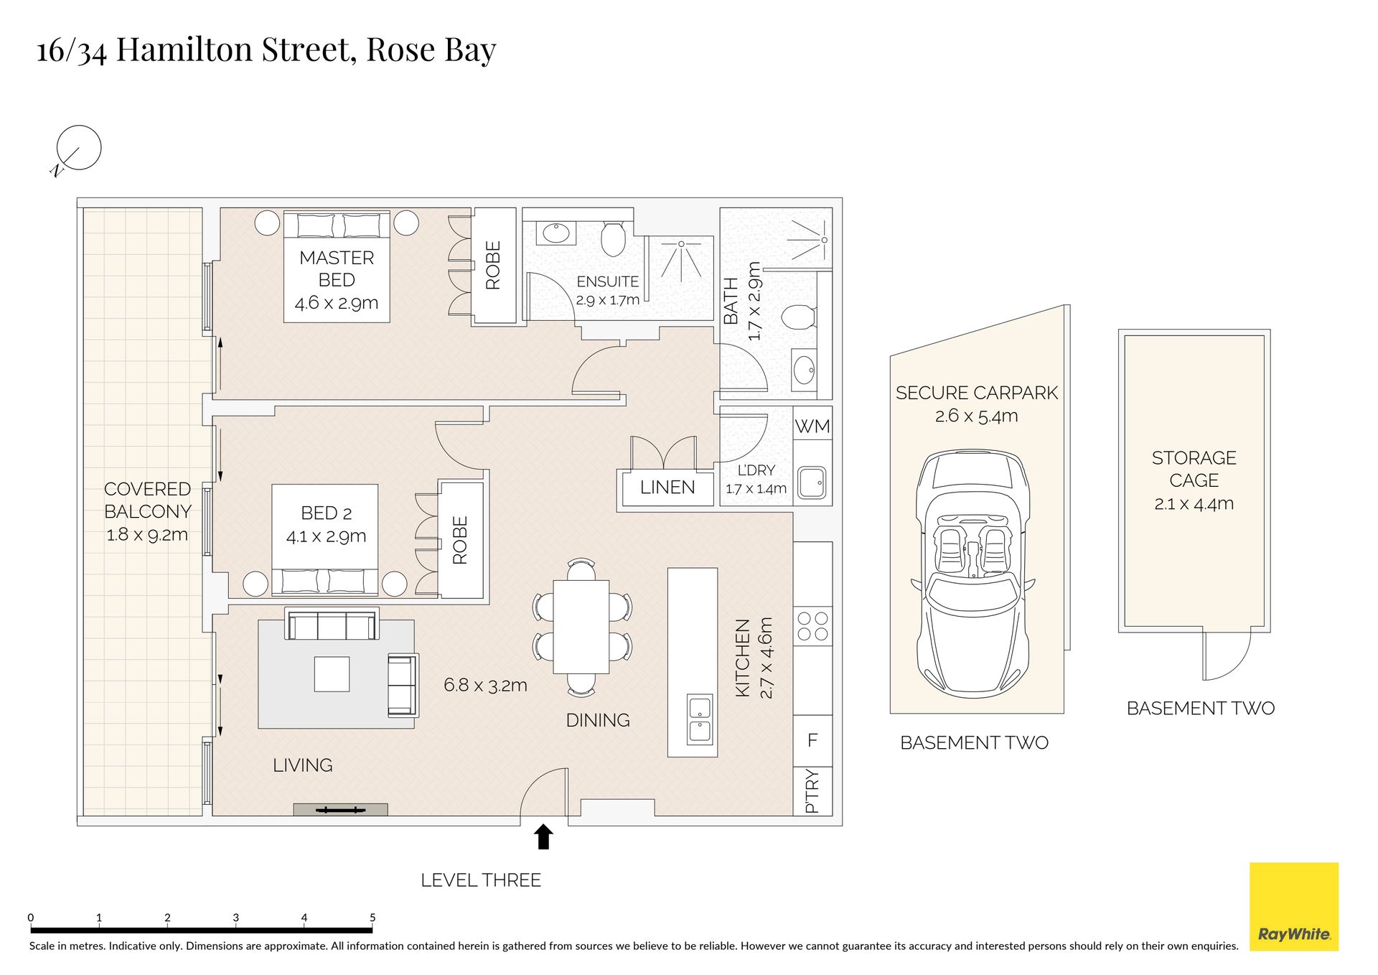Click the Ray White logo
(1294, 907)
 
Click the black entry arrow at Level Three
(543, 837)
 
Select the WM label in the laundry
(812, 426)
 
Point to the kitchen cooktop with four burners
(812, 626)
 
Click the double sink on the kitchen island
(699, 719)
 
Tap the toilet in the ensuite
(613, 238)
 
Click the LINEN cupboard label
(667, 487)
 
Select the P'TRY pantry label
(812, 790)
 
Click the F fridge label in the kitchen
(812, 740)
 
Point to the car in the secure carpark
(972, 574)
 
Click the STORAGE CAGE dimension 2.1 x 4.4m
(1194, 504)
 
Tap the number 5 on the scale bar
(372, 918)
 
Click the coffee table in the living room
(332, 674)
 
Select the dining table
(581, 627)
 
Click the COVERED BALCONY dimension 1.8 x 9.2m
(147, 535)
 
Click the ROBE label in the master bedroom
(493, 265)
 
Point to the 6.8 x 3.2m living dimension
(485, 686)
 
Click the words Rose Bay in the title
(431, 50)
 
